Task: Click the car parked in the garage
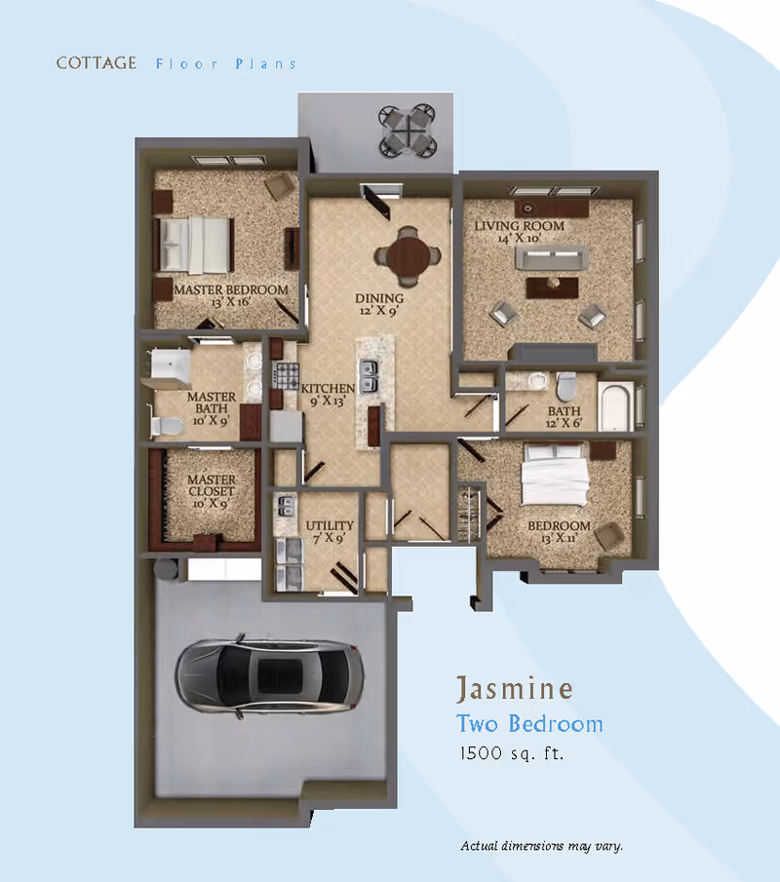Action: click(269, 674)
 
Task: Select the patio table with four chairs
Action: click(408, 129)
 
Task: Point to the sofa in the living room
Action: click(551, 258)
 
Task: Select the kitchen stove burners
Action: click(286, 373)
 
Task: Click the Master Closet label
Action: click(212, 491)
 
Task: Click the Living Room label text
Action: click(520, 231)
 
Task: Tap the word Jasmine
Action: click(514, 689)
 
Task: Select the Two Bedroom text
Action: click(529, 724)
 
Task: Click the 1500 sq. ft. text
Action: click(512, 753)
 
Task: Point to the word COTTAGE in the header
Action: click(97, 63)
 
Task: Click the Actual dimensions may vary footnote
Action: click(541, 846)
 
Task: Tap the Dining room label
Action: click(378, 304)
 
